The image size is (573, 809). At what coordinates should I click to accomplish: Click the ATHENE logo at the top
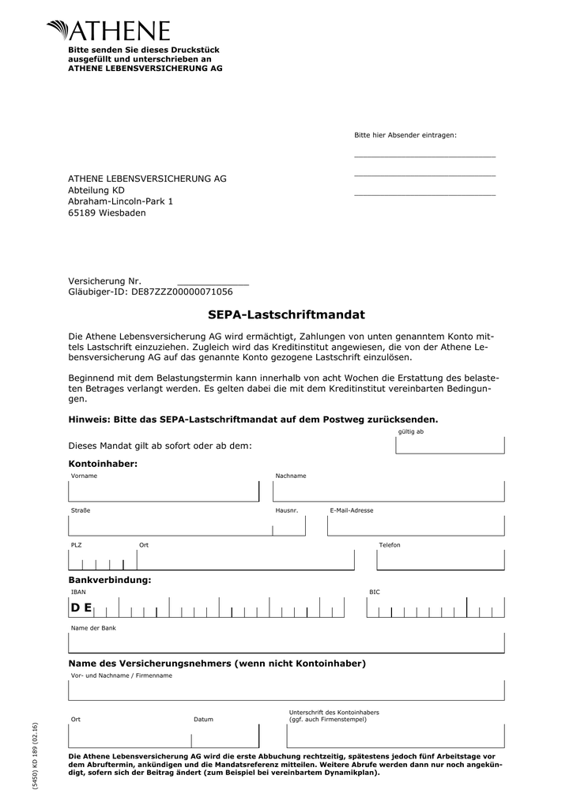(108, 31)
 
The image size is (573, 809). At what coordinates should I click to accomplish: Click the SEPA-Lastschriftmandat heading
(286, 315)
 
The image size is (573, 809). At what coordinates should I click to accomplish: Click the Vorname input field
(164, 491)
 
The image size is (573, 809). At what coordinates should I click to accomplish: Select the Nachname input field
(388, 491)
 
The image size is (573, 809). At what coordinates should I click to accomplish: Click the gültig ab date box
(449, 445)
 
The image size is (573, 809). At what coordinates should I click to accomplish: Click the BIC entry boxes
(435, 608)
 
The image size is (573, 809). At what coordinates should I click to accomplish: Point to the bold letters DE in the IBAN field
(81, 608)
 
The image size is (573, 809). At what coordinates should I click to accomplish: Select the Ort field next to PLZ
(245, 560)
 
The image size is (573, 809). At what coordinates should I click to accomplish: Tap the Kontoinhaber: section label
(103, 464)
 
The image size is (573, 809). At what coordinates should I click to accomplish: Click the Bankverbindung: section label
(109, 581)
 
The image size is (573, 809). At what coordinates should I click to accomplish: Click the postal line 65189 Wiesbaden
(107, 213)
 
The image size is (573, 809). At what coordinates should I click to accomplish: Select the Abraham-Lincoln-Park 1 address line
(120, 201)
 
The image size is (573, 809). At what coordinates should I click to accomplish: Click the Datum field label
(203, 720)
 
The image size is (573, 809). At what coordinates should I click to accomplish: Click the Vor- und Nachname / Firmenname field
(286, 690)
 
